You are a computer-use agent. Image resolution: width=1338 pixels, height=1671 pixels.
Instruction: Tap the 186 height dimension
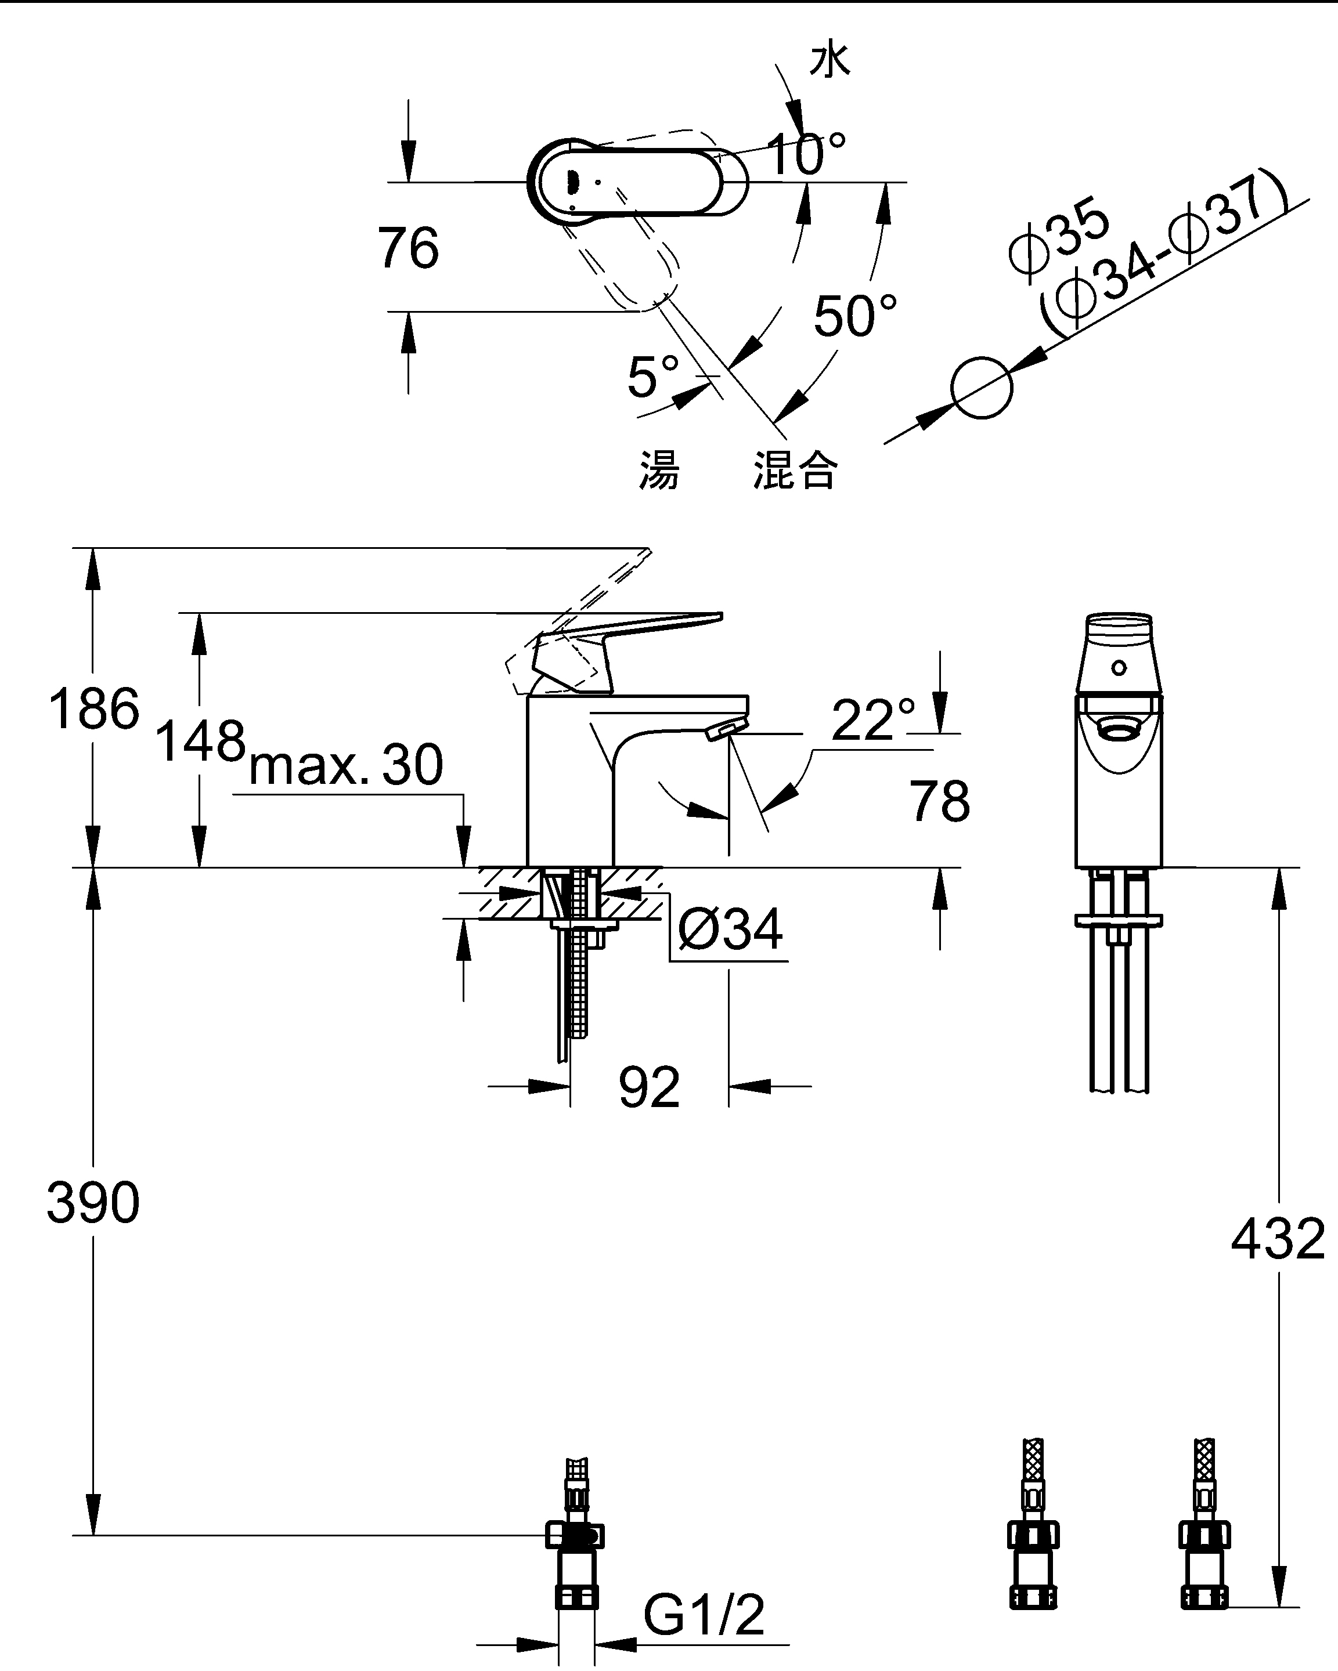click(x=94, y=708)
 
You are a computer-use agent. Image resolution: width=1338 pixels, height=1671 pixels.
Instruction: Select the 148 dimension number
click(x=200, y=741)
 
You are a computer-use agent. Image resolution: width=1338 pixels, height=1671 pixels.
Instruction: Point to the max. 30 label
click(x=346, y=765)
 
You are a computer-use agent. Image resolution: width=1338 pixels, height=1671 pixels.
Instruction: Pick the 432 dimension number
click(x=1278, y=1239)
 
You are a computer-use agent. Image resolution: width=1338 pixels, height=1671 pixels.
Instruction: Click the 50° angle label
click(x=855, y=316)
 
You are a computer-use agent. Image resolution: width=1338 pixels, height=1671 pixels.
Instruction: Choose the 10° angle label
click(x=806, y=153)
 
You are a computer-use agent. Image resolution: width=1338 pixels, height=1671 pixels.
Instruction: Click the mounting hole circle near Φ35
click(x=982, y=388)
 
